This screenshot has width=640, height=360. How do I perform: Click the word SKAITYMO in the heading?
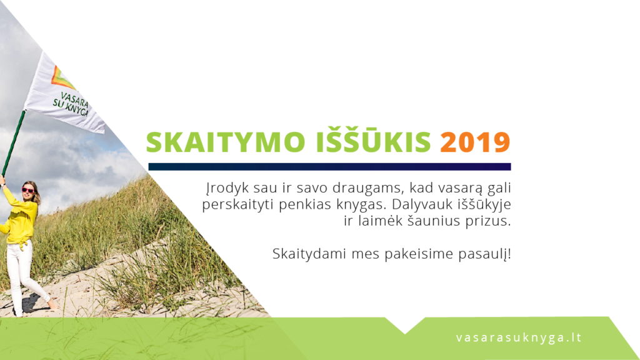(226, 142)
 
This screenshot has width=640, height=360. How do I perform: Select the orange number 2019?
(475, 142)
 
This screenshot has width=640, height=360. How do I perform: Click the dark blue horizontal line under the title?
(329, 166)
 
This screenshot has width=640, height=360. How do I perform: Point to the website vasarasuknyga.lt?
(519, 338)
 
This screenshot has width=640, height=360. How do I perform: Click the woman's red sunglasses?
(27, 190)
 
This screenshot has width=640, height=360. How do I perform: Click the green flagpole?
(13, 143)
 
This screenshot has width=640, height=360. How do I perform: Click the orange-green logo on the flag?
(61, 78)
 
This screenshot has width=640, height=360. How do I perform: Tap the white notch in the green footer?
(405, 324)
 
